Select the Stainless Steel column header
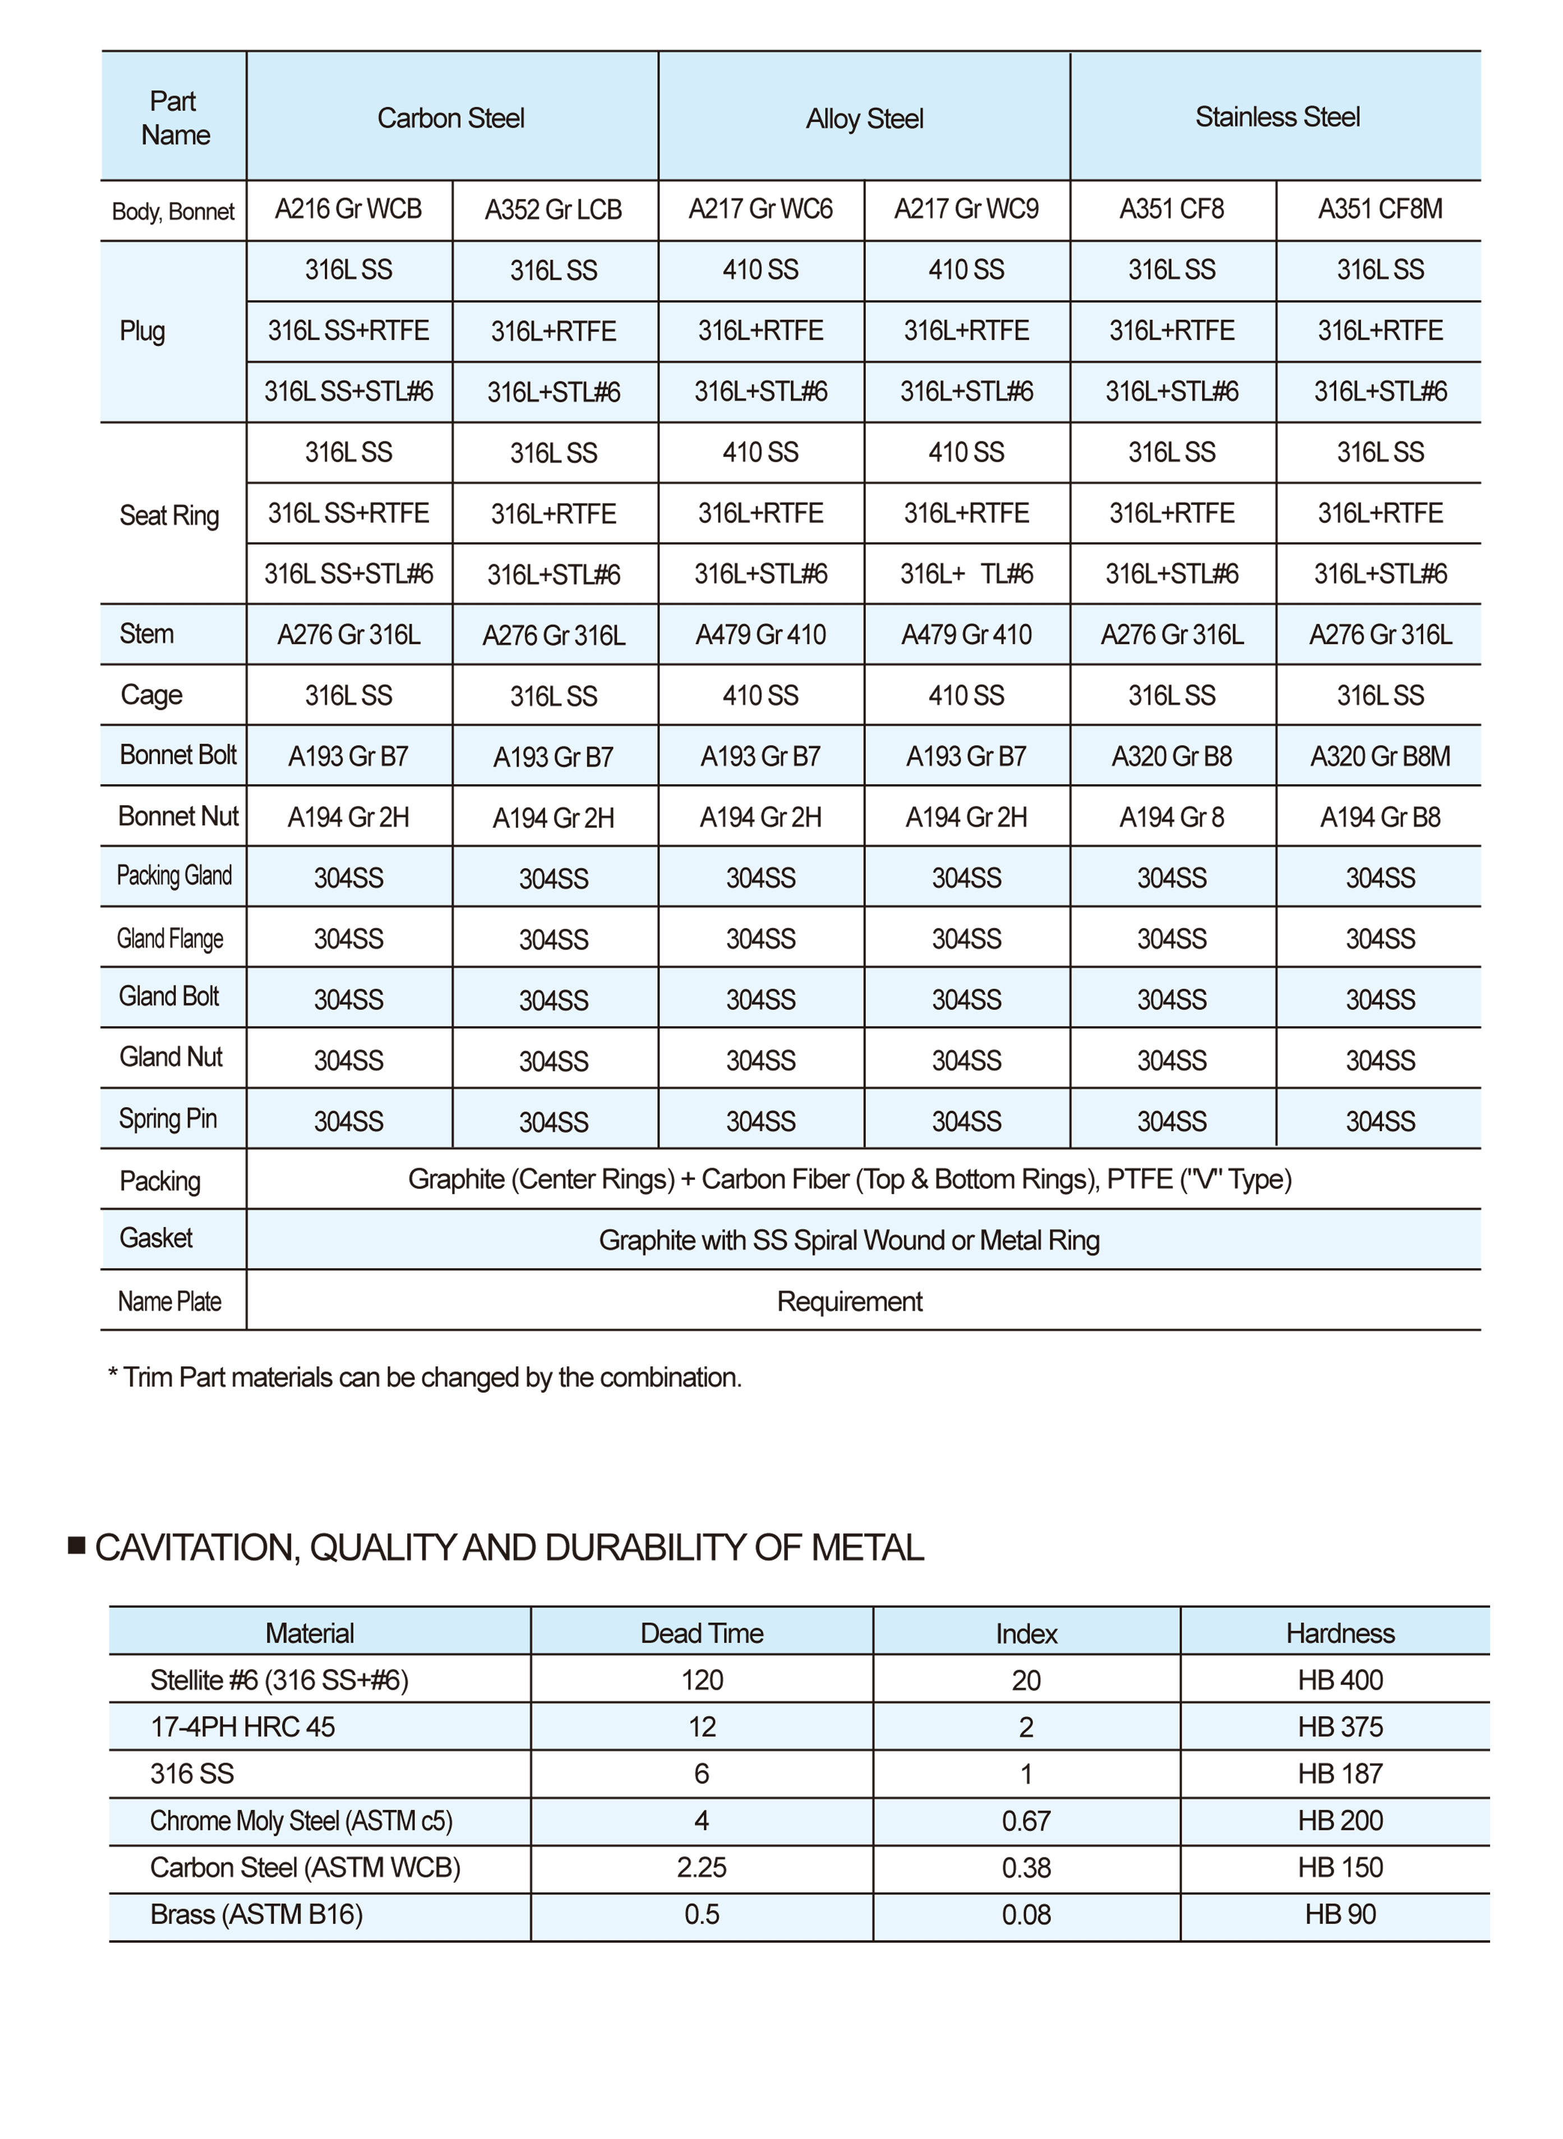[1278, 117]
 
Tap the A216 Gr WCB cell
[348, 209]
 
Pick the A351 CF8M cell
[1380, 209]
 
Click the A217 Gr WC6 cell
[760, 209]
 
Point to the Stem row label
[146, 634]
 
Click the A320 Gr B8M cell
[1380, 756]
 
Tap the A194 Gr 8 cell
[1172, 817]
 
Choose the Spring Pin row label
[168, 1119]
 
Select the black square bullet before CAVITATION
[77, 1546]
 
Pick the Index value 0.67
[1026, 1821]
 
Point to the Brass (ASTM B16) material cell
[256, 1915]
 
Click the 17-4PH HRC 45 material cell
[242, 1727]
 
